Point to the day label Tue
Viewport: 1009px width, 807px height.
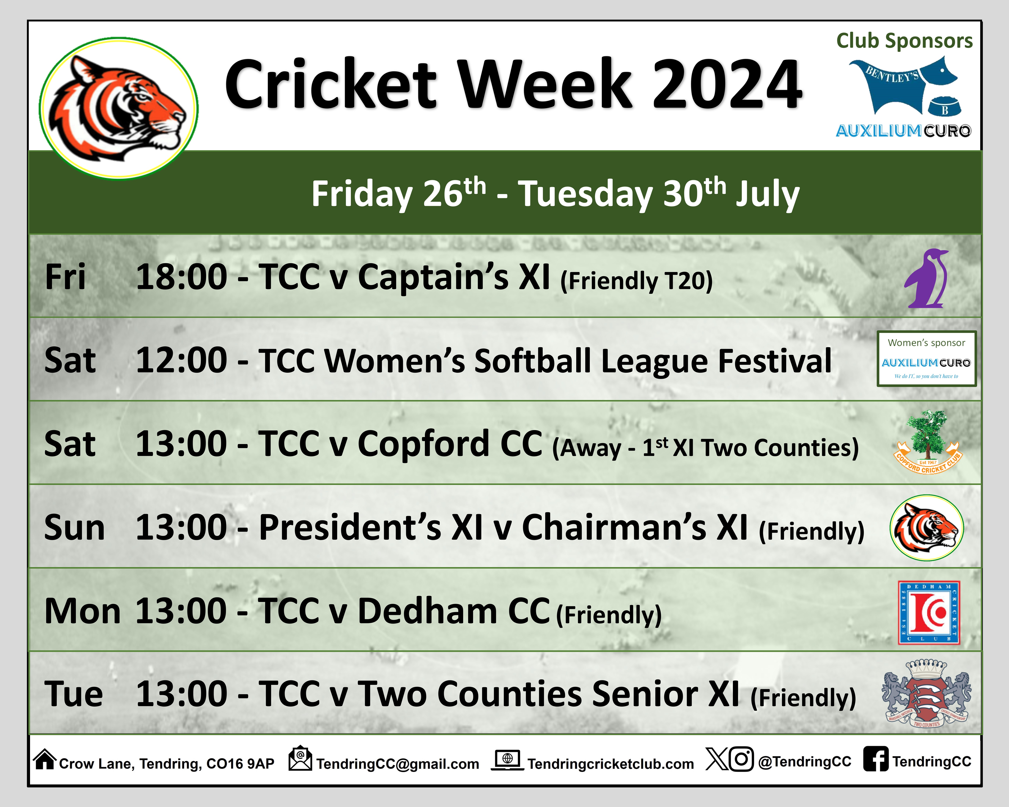pyautogui.click(x=73, y=694)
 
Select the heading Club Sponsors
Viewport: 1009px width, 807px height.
pyautogui.click(x=904, y=41)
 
